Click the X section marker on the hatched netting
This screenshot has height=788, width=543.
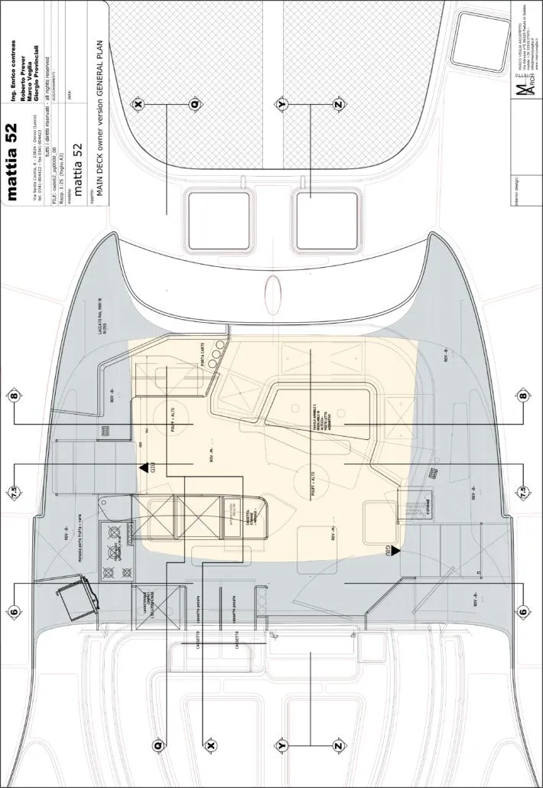click(x=138, y=104)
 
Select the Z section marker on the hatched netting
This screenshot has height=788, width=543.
click(x=338, y=104)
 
